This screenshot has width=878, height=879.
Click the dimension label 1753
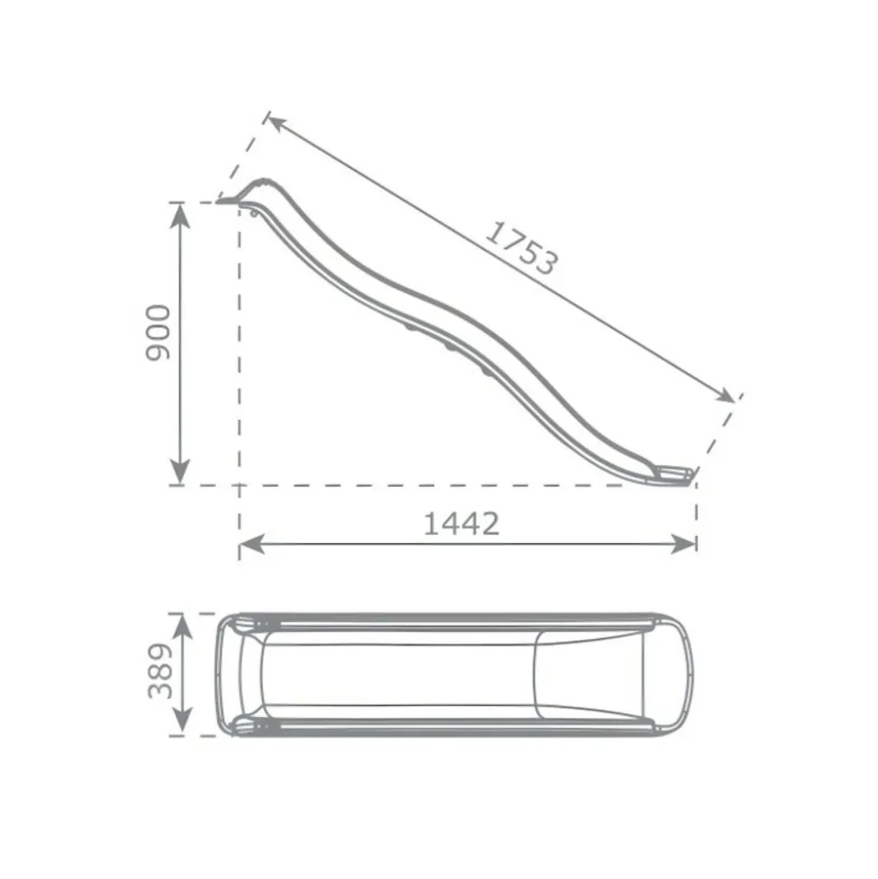521,248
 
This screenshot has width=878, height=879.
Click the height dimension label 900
158,333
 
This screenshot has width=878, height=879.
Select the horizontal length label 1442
461,524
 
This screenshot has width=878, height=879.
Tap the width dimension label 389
160,671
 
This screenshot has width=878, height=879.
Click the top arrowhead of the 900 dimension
179,215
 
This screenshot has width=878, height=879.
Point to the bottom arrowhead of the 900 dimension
179,472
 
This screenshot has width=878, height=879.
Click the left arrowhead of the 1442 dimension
253,544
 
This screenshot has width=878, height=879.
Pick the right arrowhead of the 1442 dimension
682,544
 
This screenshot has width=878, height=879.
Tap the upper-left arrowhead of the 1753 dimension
277,122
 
